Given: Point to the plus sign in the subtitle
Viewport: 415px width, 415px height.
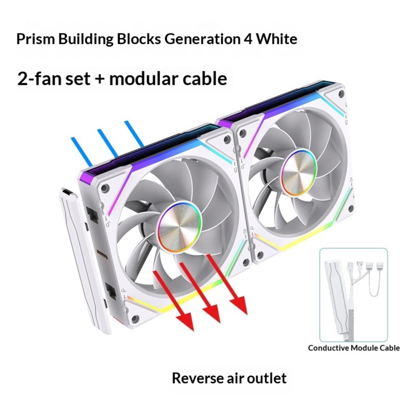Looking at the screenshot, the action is point(100,79).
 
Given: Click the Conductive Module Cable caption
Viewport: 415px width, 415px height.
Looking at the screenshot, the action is point(354,348).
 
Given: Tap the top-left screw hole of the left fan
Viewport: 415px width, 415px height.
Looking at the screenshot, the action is point(105,188).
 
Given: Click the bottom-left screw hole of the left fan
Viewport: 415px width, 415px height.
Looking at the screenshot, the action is point(135,319).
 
